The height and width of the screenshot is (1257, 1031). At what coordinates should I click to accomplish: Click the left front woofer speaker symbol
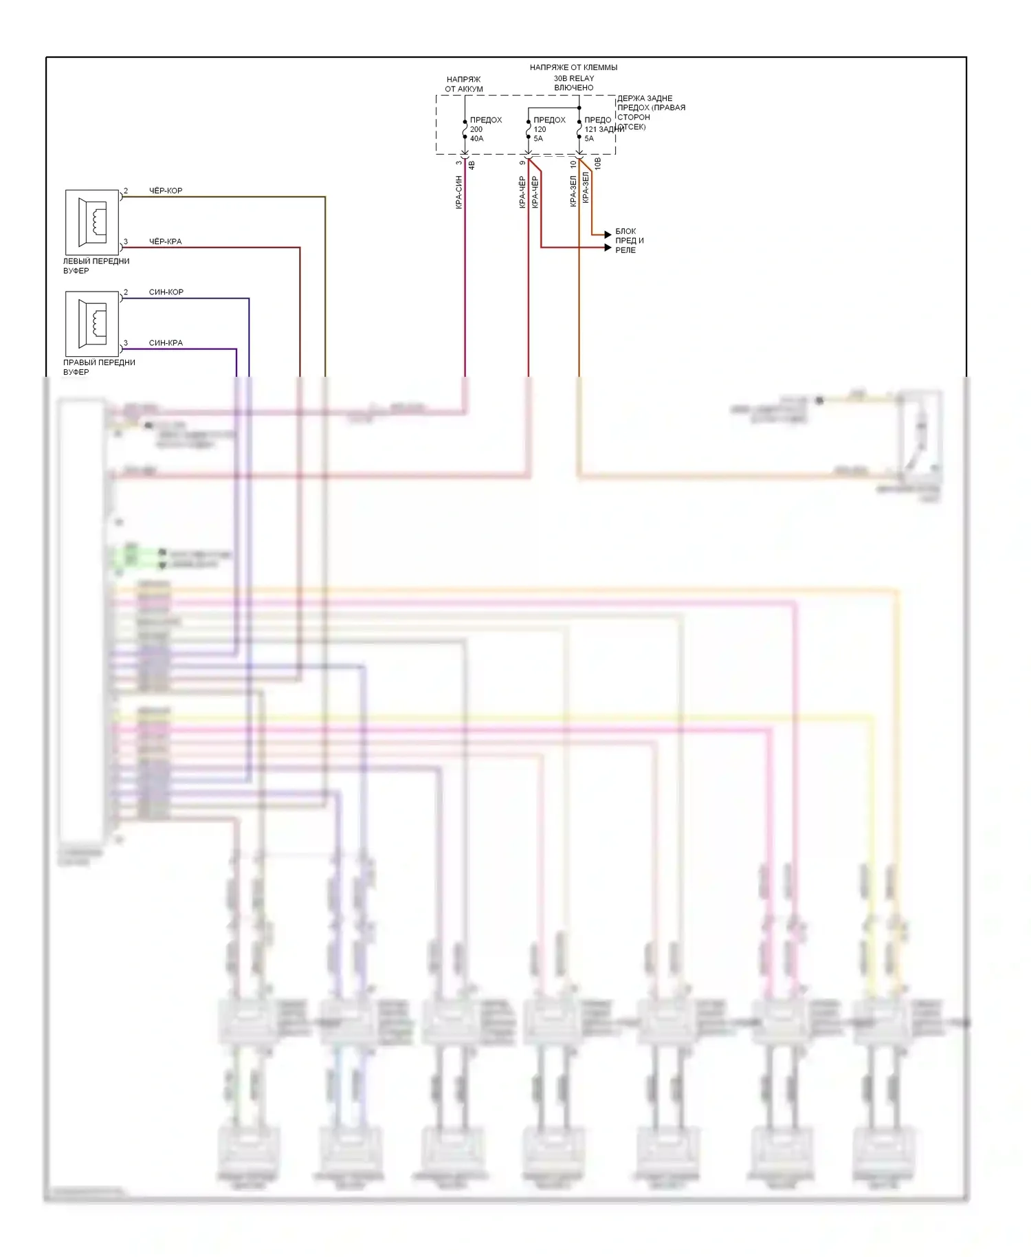(92, 222)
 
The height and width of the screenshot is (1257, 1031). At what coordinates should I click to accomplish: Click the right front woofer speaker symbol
(92, 323)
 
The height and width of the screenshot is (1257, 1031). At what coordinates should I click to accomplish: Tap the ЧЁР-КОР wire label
(166, 190)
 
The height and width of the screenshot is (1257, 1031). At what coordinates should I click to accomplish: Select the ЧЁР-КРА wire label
(166, 241)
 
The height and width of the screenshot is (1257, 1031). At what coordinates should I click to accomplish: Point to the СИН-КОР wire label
(166, 292)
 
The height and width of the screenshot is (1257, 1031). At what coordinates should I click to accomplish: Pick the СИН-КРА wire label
(166, 342)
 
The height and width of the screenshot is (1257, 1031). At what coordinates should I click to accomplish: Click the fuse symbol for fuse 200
(465, 129)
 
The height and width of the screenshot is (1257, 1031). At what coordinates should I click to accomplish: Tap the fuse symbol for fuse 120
(529, 129)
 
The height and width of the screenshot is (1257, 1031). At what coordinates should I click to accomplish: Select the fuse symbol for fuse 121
(579, 129)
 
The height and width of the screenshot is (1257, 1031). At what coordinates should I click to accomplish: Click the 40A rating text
(476, 139)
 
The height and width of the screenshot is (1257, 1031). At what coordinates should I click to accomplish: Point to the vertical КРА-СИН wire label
(458, 193)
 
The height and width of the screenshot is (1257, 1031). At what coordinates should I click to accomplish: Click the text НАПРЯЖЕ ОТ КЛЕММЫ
(573, 67)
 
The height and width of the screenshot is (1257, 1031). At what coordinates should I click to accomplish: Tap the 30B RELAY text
(574, 78)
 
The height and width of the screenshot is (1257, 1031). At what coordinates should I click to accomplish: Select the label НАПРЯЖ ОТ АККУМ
(464, 84)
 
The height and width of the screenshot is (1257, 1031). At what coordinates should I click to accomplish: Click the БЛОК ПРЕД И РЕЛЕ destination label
(629, 241)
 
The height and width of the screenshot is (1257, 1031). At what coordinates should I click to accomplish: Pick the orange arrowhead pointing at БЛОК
(608, 235)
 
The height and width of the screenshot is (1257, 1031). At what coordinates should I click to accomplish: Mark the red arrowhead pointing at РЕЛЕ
(608, 248)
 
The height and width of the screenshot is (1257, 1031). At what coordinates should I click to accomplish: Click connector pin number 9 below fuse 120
(522, 163)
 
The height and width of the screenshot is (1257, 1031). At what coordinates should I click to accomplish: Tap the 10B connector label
(598, 163)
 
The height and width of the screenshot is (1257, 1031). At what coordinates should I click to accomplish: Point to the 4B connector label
(472, 165)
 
